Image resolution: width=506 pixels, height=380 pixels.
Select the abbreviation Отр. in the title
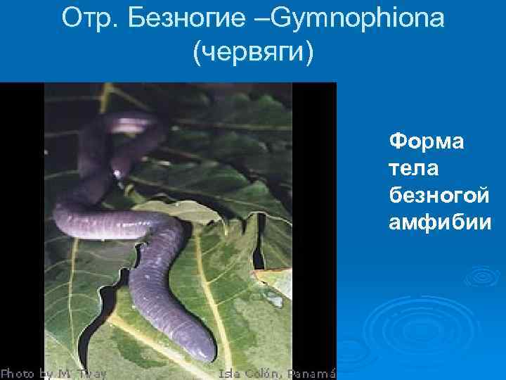click(x=87, y=19)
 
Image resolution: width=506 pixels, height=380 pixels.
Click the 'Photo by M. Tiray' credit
click(x=53, y=373)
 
